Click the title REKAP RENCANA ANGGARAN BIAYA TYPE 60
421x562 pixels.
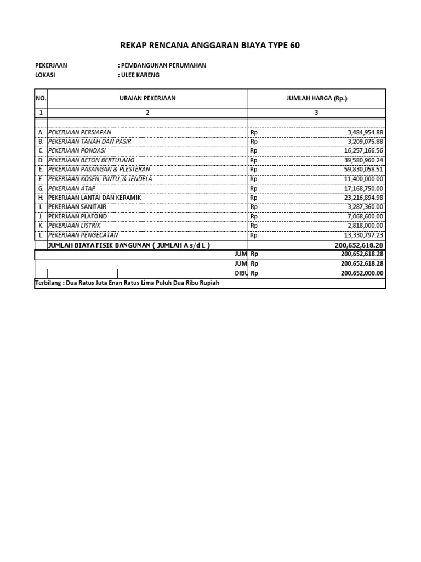[x=210, y=45]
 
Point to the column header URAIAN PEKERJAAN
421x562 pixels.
[x=147, y=99]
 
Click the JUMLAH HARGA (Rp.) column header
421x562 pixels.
[x=316, y=99]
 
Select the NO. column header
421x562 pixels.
[x=41, y=99]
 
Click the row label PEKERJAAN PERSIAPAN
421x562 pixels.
[x=80, y=132]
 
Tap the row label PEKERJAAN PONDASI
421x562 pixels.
[x=77, y=151]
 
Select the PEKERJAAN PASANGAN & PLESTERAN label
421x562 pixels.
[x=99, y=170]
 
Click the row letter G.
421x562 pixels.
[x=41, y=188]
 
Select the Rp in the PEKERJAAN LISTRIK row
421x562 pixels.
[x=254, y=226]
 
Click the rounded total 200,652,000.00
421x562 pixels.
[x=362, y=273]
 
